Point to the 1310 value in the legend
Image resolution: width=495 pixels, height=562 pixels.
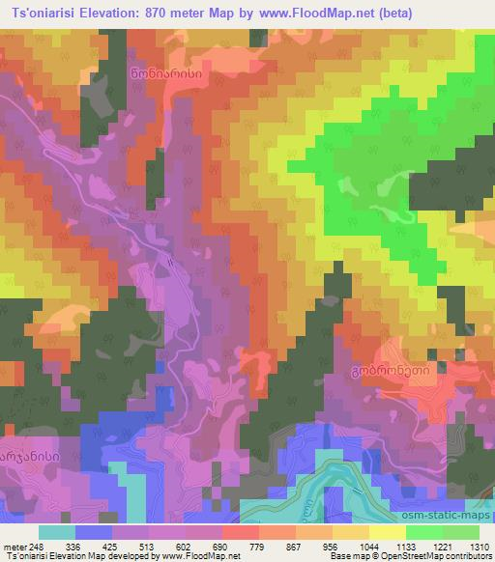click(478, 547)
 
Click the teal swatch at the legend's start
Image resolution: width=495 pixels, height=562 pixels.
click(57, 532)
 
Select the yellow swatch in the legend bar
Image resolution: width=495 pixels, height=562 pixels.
click(387, 532)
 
